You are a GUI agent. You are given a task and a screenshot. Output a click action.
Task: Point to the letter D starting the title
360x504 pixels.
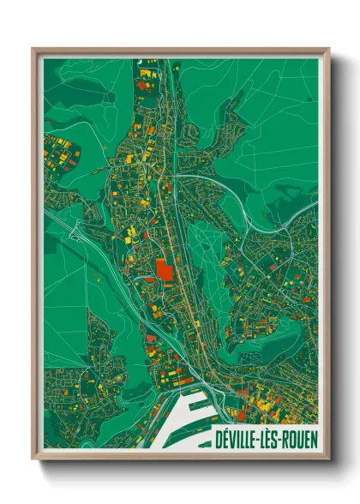tap(219, 437)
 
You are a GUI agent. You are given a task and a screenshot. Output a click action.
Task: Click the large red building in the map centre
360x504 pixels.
tap(163, 271)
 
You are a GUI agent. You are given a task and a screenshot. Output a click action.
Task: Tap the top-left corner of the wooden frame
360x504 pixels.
tap(33, 49)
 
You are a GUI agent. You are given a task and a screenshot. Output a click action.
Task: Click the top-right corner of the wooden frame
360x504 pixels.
tap(328, 49)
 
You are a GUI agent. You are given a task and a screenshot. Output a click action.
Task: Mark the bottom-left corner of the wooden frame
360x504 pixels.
tap(33, 459)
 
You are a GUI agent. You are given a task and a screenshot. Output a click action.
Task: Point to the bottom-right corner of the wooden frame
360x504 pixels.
tap(328, 459)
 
